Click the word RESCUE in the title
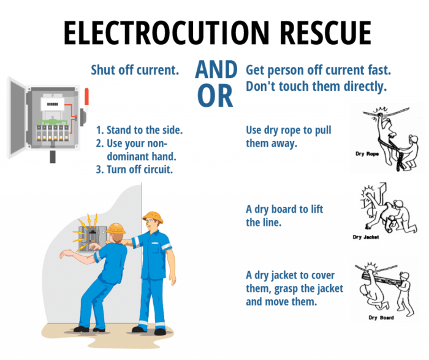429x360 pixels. coord(325,33)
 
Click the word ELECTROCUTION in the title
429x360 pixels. coord(166,33)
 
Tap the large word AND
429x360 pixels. coord(216,69)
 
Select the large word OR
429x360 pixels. coord(215,96)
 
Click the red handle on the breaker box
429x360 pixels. coord(86,97)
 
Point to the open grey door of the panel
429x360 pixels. coord(17,118)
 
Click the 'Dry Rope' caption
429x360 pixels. coord(367,154)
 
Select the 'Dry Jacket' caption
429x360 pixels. coord(365,237)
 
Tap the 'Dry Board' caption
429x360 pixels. coord(381,318)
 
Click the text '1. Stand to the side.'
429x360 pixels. coord(139,130)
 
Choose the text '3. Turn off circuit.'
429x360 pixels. coord(134,169)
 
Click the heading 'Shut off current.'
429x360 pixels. coord(135,70)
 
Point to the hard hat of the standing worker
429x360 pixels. coord(153,216)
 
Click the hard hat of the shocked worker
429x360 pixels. coord(116,228)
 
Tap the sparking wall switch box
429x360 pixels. coord(93,237)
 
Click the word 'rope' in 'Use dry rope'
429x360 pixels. coord(298,131)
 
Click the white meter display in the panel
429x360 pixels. coord(52,104)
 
